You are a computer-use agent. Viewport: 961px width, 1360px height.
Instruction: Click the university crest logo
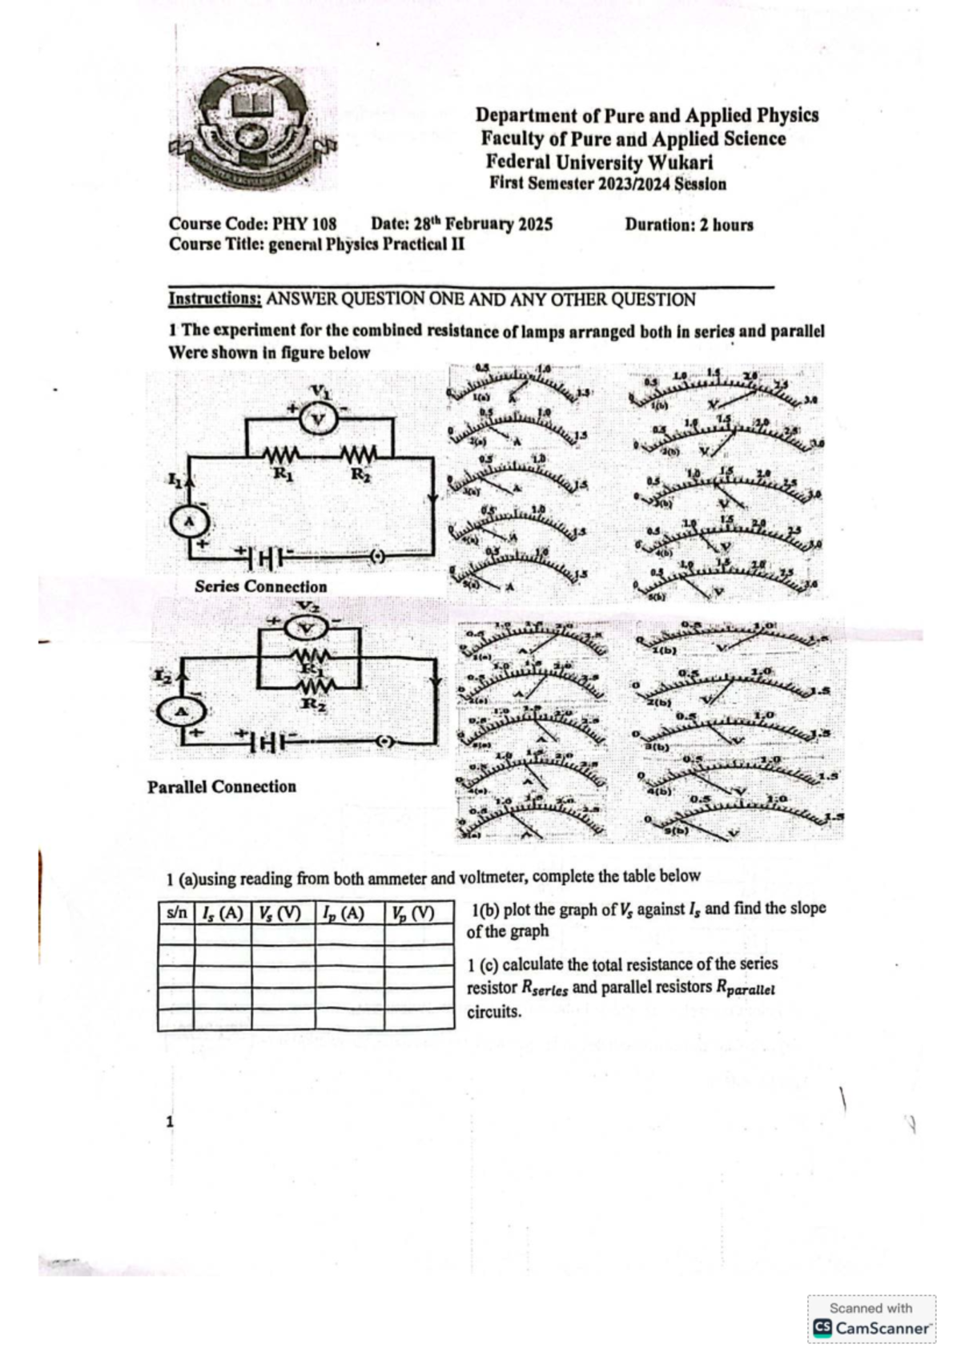[253, 131]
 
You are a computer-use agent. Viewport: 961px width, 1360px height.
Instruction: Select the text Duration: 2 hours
[689, 224]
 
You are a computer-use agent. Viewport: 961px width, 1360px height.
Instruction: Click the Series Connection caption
[260, 586]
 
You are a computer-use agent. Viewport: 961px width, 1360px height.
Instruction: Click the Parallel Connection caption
[222, 787]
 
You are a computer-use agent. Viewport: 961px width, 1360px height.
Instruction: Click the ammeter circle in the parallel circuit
[180, 711]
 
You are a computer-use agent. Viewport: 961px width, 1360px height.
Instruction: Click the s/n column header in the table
[176, 912]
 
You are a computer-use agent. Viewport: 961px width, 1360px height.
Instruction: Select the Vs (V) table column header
[282, 912]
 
